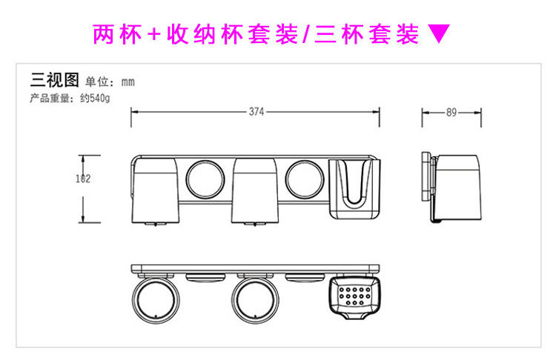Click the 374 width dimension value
pyautogui.click(x=256, y=113)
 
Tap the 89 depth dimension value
pyautogui.click(x=451, y=113)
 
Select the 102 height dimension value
pyautogui.click(x=84, y=178)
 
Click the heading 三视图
pyautogui.click(x=54, y=81)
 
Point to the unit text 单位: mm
pyautogui.click(x=110, y=82)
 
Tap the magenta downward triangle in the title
pyautogui.click(x=440, y=34)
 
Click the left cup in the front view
pyautogui.click(x=156, y=191)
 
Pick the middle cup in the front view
pyautogui.click(x=255, y=191)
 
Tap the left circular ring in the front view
pyautogui.click(x=205, y=181)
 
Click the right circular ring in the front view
pyautogui.click(x=304, y=181)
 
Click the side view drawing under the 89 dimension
pyautogui.click(x=452, y=187)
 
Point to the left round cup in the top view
pyautogui.click(x=156, y=301)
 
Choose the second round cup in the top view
pyautogui.click(x=255, y=301)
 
